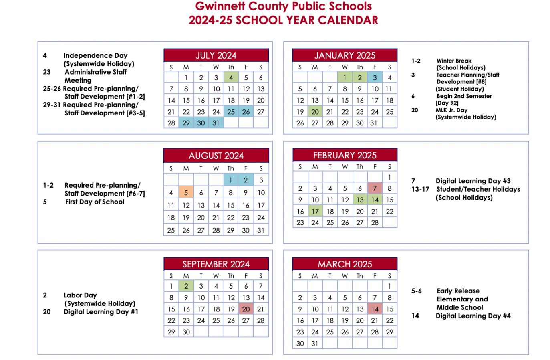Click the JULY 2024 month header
coord(216,55)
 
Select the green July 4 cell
coord(231,78)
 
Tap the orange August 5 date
coord(186,193)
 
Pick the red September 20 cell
coord(246,309)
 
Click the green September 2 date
coord(186,286)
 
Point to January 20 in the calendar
coord(315,112)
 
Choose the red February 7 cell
coord(375,188)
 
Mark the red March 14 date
coord(375,309)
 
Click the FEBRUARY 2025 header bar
coord(345,155)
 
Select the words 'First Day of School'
coord(95,202)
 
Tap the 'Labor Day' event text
coord(80,295)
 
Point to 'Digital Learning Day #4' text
coord(473,316)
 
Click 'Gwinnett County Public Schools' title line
coord(284,6)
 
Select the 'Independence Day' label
coord(95,55)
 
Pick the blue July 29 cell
coord(186,123)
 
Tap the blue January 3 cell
coord(375,78)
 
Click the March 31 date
coord(315,344)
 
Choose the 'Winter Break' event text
coord(454,61)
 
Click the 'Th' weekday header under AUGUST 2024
coord(231,168)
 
